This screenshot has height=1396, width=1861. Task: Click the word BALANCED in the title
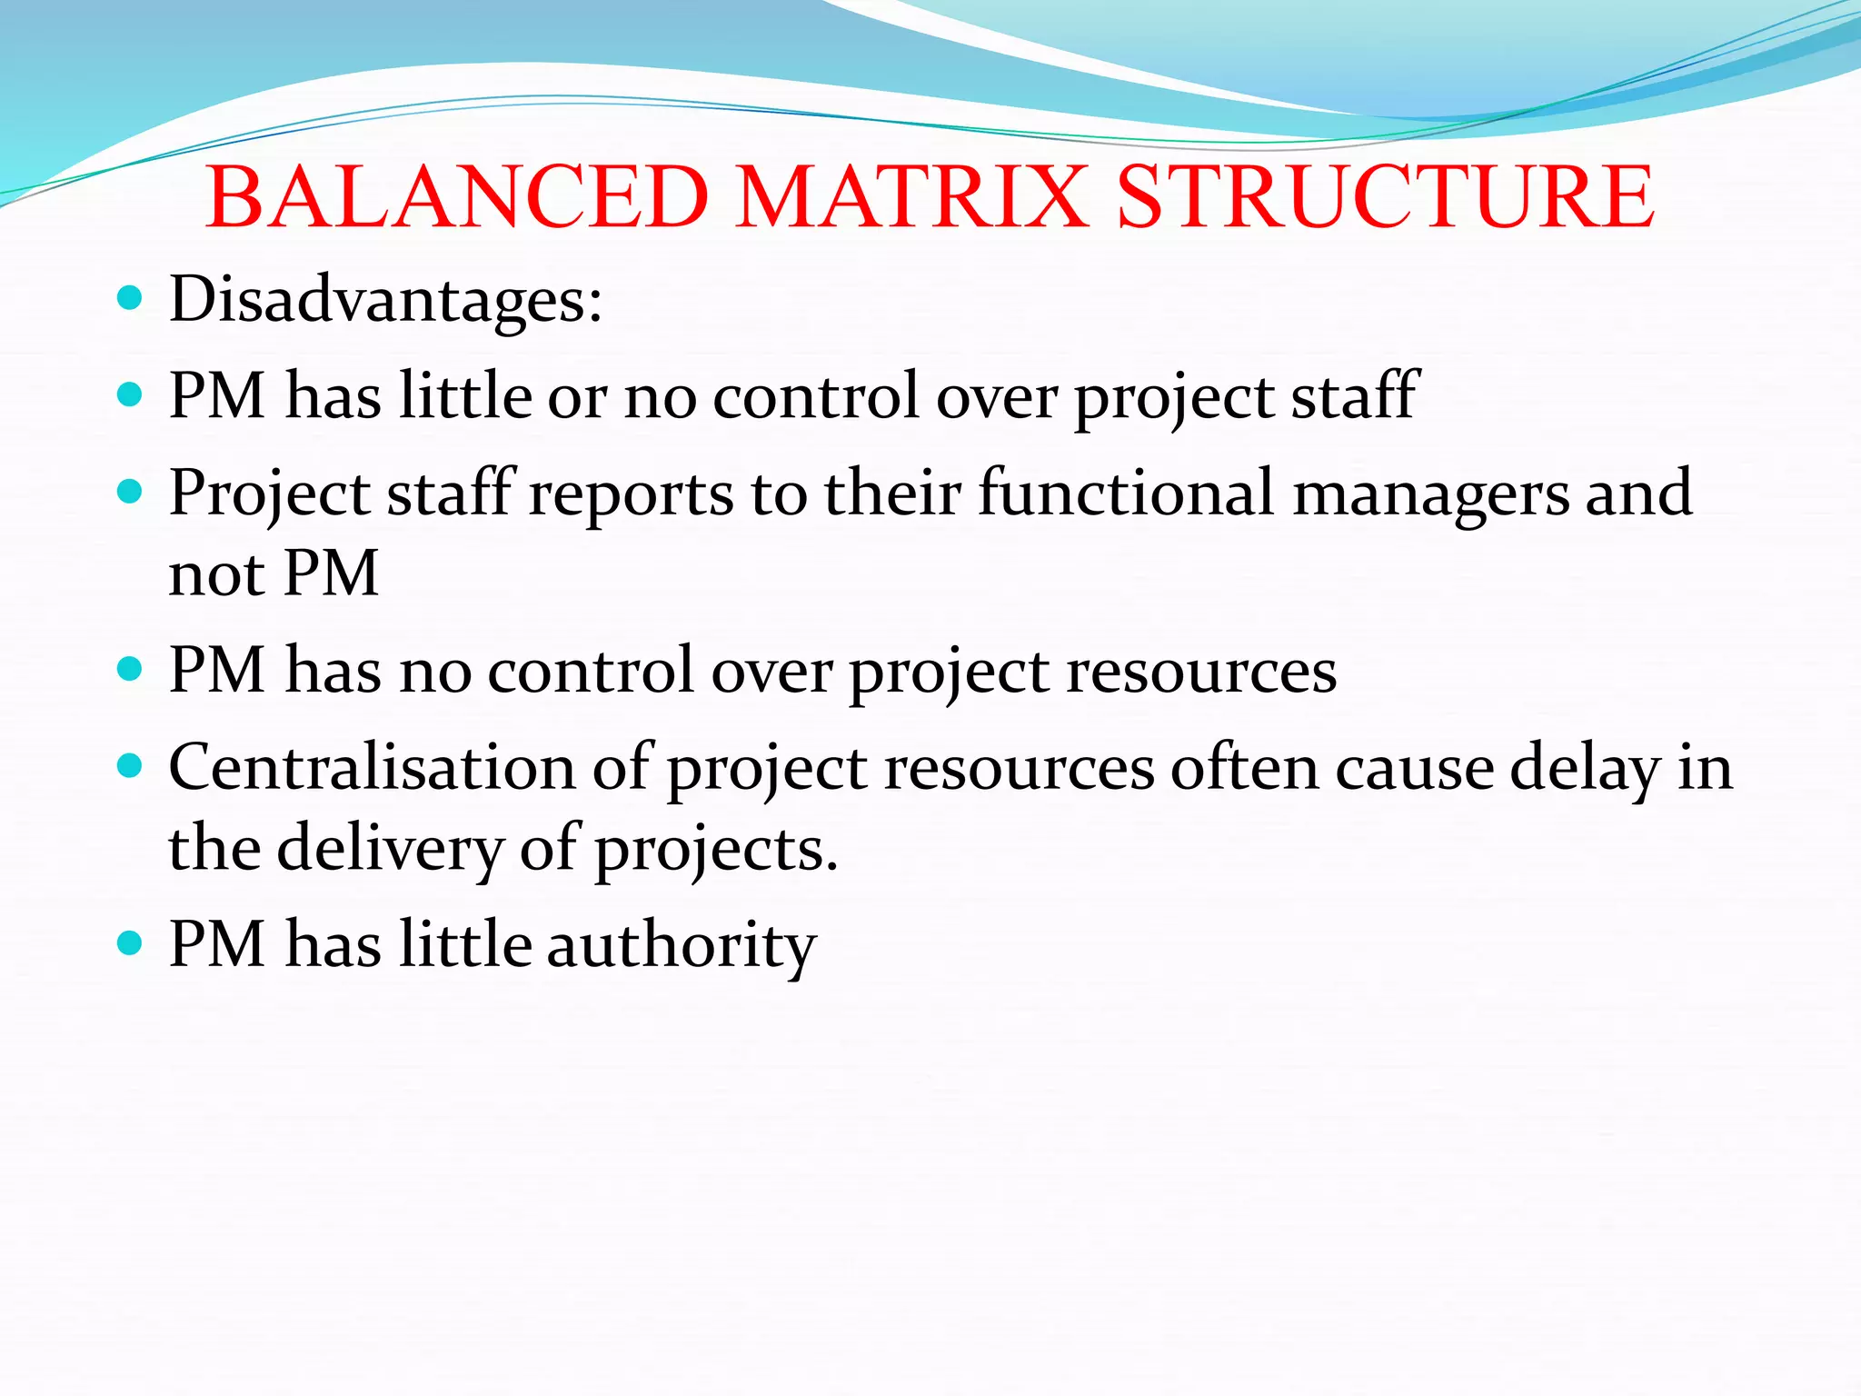[457, 197]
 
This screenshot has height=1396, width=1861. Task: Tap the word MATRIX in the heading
[911, 197]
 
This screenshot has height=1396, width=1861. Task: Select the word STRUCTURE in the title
[1385, 197]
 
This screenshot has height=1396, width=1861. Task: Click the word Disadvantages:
[385, 300]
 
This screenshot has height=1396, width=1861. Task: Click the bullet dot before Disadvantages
[131, 297]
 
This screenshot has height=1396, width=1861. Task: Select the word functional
[1126, 494]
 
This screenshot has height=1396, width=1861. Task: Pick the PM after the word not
[331, 574]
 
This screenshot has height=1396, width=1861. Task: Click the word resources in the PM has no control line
[1201, 672]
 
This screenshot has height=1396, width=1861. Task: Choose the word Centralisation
[372, 768]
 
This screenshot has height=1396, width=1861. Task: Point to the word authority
[682, 946]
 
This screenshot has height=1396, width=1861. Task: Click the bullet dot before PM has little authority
[131, 943]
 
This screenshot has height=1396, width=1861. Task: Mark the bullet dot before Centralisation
[131, 766]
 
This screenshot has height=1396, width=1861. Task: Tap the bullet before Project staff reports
[131, 492]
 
